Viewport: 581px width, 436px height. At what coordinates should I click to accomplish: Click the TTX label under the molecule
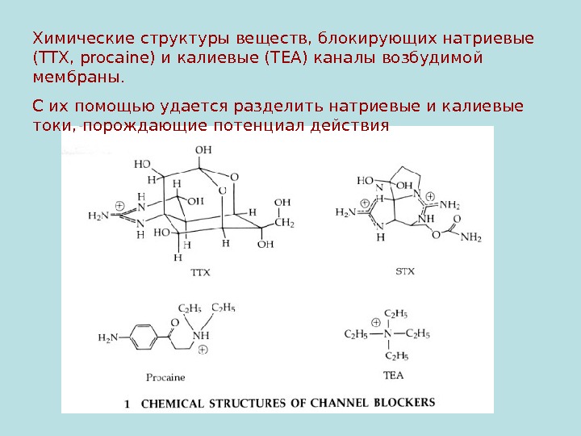pyautogui.click(x=199, y=273)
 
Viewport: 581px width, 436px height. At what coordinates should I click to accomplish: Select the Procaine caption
pyautogui.click(x=166, y=377)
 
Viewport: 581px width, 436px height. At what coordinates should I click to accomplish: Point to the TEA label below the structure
pyautogui.click(x=393, y=375)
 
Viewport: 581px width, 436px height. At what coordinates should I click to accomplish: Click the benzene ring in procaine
pyautogui.click(x=141, y=337)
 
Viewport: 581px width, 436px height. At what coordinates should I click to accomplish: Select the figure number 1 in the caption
pyautogui.click(x=128, y=401)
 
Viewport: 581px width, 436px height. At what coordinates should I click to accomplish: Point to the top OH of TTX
pyautogui.click(x=204, y=149)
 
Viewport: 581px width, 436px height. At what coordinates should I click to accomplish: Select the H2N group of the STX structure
pyautogui.click(x=345, y=212)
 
